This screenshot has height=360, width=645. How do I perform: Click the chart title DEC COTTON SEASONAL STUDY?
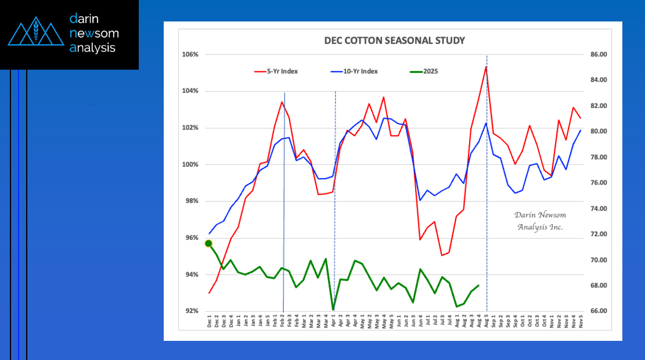tap(394, 41)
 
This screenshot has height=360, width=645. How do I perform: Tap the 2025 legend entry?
tap(430, 71)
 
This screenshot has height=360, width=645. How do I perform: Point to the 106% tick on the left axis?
tap(191, 55)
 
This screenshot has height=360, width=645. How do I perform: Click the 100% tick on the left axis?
tap(191, 164)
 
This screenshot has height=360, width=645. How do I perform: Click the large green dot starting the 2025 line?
tap(208, 244)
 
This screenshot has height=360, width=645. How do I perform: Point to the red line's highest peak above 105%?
tap(485, 66)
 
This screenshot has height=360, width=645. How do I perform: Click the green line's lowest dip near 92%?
tap(333, 309)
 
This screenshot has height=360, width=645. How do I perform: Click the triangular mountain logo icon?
tap(35, 34)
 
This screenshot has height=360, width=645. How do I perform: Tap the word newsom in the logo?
tap(93, 34)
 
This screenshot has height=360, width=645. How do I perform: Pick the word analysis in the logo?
tap(92, 48)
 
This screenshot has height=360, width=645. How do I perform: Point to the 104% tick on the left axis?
tap(191, 91)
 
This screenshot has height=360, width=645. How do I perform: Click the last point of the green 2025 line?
tap(478, 286)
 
